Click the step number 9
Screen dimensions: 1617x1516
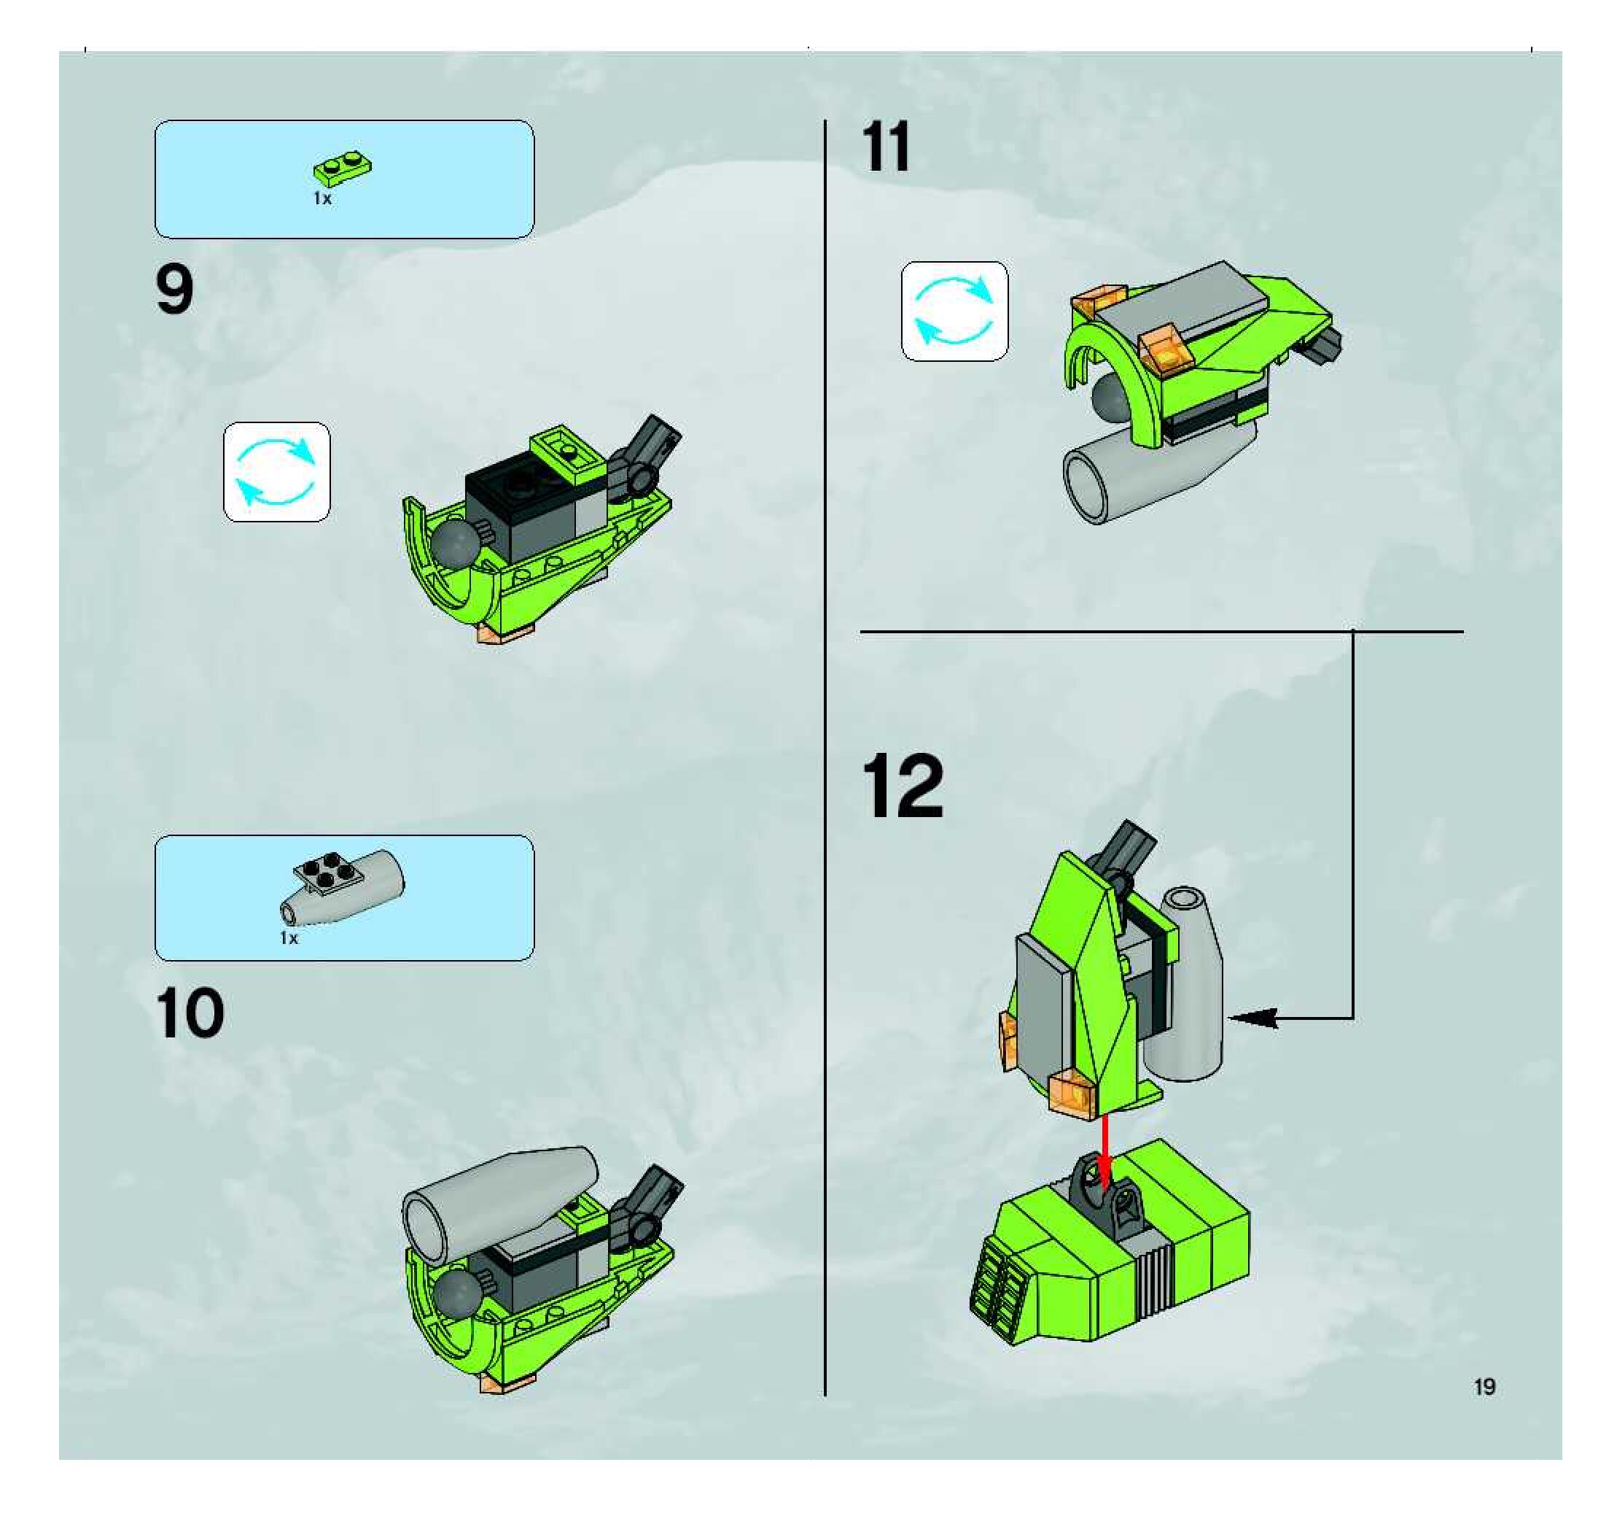[x=175, y=291]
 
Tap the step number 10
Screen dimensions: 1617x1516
[x=190, y=1014]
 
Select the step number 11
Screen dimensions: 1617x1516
[x=887, y=147]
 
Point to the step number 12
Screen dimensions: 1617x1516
[x=904, y=787]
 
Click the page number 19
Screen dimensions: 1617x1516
[x=1485, y=1387]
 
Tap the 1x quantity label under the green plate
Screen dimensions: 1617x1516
[x=322, y=198]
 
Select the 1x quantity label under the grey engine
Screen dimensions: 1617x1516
[x=289, y=937]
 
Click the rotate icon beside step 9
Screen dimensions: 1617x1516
[x=276, y=472]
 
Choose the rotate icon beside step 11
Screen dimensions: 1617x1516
[x=955, y=311]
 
